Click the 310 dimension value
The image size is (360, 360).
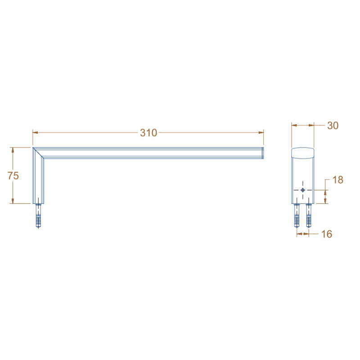coord(148,133)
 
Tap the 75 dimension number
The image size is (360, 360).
coord(13,175)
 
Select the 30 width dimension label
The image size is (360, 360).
coord(333,126)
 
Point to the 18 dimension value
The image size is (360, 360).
coord(337,180)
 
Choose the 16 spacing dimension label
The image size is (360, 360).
coord(327,234)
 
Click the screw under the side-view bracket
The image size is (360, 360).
coord(38,216)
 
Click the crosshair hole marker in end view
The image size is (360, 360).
coord(303,190)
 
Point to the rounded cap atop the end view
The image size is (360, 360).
coord(302,153)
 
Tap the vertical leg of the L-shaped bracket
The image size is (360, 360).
coord(38,180)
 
